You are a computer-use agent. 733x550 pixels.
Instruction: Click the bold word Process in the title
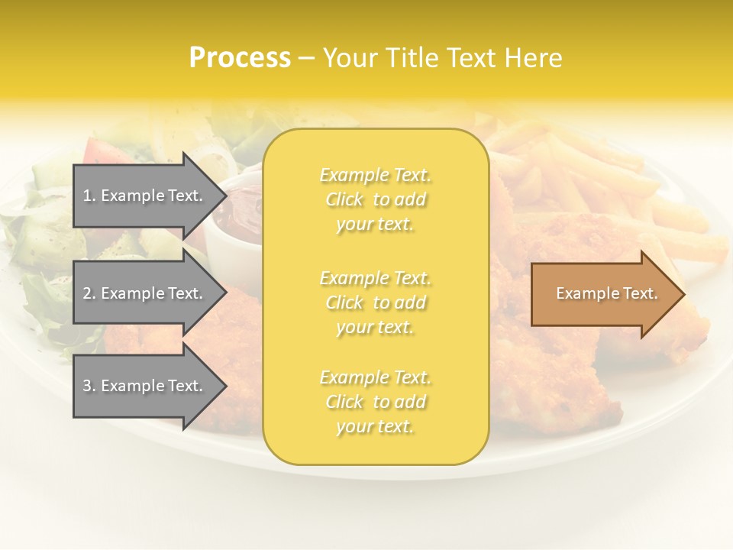click(240, 58)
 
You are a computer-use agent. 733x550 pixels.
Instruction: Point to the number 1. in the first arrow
click(89, 196)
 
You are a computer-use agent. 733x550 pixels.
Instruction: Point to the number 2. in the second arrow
click(89, 293)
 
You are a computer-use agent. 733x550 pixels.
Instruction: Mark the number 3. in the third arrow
click(89, 386)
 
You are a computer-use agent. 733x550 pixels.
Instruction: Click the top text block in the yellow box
click(376, 199)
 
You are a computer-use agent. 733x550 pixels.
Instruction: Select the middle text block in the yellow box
click(376, 302)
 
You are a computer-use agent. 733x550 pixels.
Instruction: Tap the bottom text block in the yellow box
click(376, 402)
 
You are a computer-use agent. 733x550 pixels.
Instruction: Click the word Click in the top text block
click(344, 200)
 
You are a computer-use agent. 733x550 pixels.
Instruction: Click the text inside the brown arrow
click(606, 293)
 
